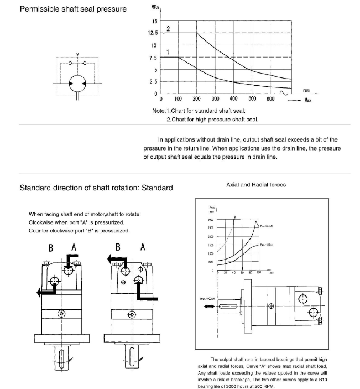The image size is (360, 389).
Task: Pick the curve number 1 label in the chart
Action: (168, 51)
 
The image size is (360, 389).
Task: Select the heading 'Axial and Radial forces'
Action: (256, 184)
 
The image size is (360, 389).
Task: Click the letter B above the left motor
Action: (50, 247)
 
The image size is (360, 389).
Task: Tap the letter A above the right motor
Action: (142, 247)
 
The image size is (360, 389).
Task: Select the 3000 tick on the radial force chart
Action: (211, 220)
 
